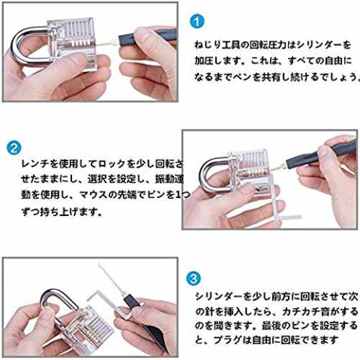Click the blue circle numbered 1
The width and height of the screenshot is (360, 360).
click(197, 22)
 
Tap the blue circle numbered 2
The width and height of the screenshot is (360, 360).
click(14, 148)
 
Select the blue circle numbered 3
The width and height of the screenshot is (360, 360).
click(194, 279)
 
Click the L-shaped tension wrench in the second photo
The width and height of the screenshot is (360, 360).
click(279, 207)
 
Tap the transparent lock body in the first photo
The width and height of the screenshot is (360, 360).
click(72, 45)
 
